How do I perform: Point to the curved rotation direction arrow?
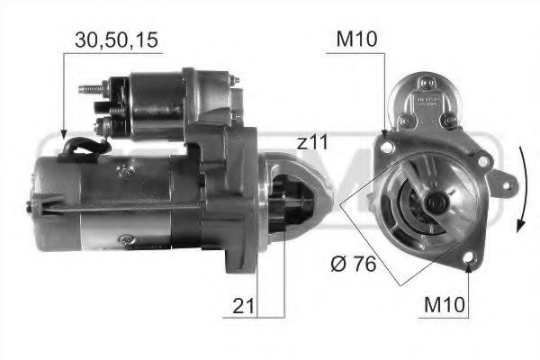click(521, 189)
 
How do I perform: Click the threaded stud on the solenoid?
click(90, 89)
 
